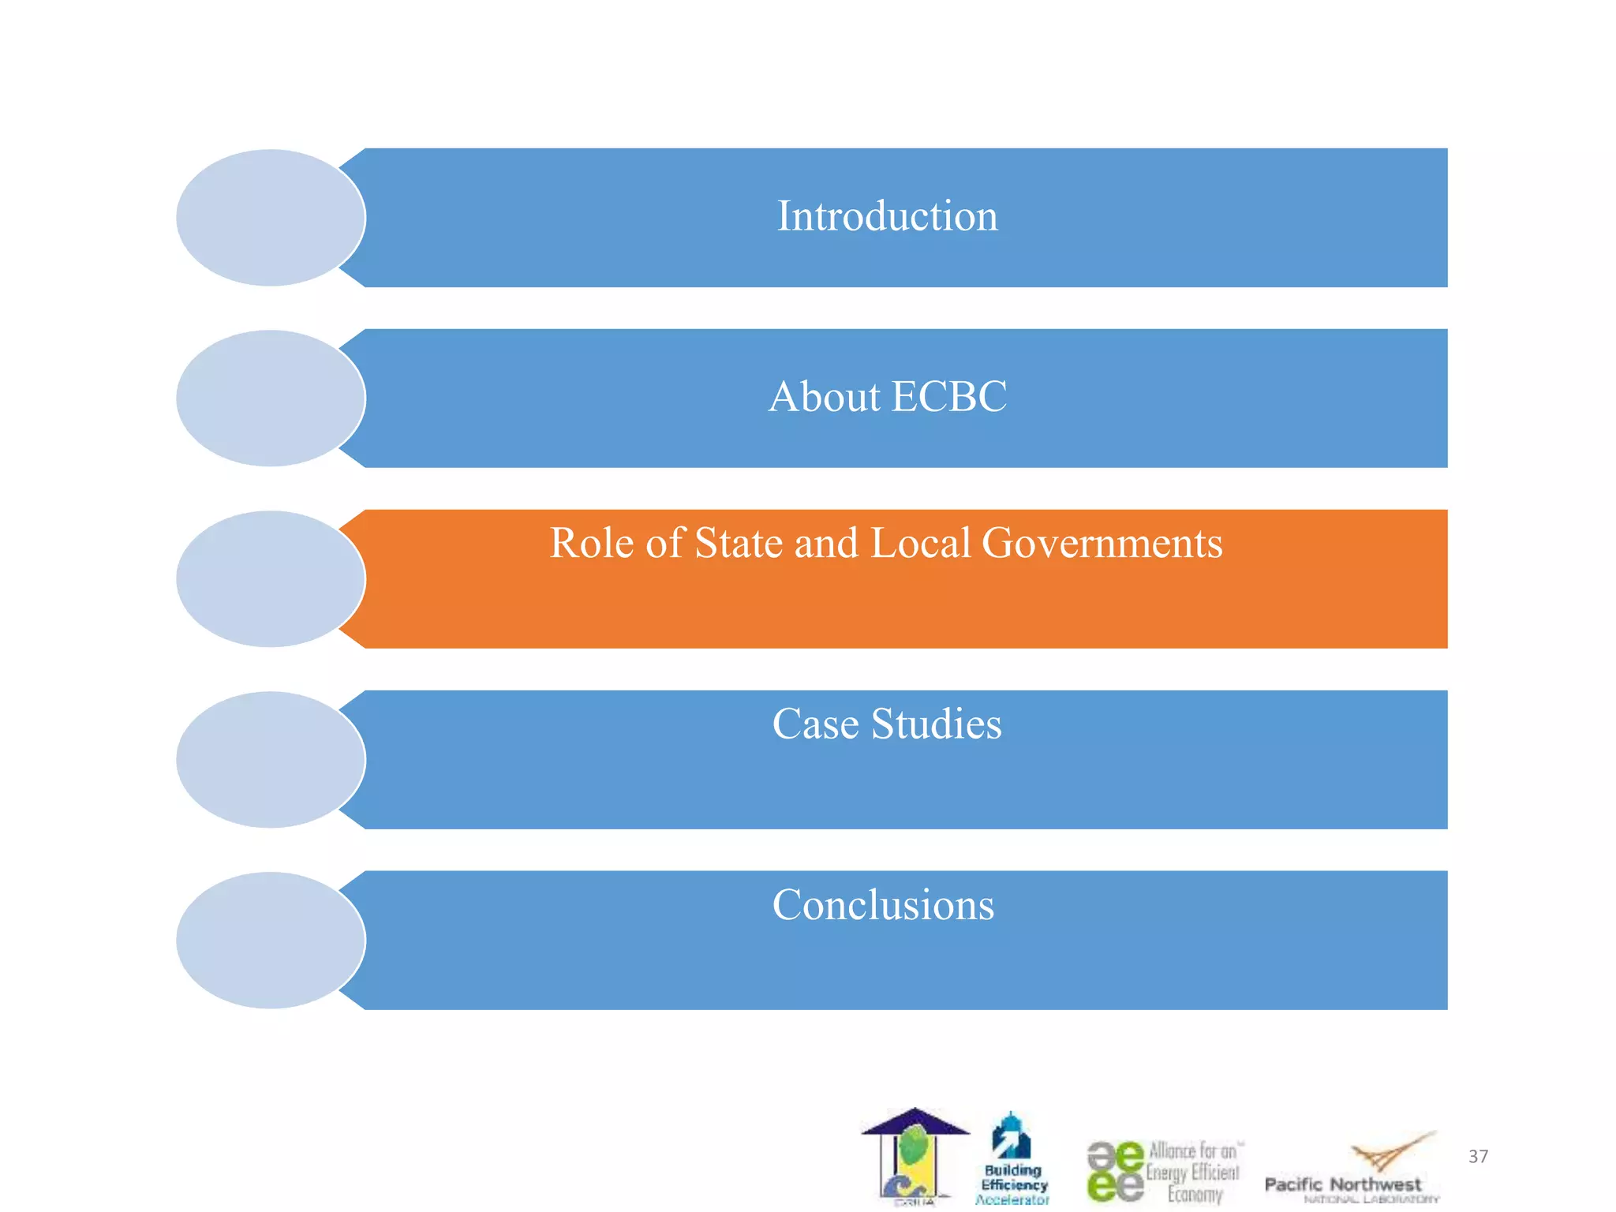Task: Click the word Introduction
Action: [887, 216]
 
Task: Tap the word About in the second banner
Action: [824, 397]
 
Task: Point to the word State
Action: [737, 544]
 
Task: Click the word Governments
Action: [1102, 544]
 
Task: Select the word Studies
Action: [937, 724]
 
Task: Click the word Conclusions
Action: [883, 905]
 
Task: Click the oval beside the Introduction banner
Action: [271, 218]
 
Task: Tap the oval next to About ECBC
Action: [271, 398]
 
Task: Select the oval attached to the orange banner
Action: [271, 579]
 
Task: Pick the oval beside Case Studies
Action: [271, 760]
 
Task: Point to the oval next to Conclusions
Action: [271, 941]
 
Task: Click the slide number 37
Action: [1478, 1157]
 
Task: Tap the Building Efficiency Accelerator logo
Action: [1013, 1159]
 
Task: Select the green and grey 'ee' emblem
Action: [1115, 1171]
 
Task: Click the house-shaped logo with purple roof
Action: [915, 1157]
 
